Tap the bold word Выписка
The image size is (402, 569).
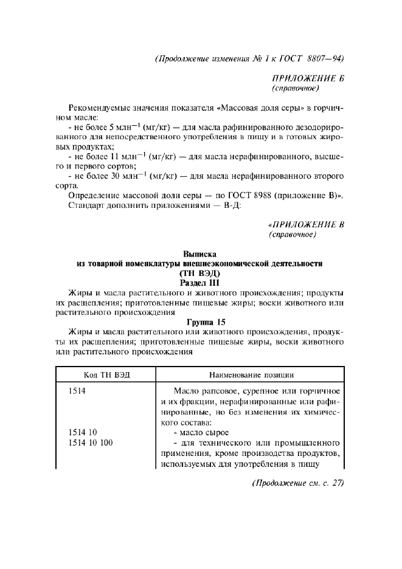(200, 253)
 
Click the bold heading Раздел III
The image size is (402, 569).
(200, 283)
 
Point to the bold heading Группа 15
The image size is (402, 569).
(200, 322)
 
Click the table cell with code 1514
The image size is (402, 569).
(77, 391)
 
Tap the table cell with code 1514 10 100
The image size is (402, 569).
(91, 443)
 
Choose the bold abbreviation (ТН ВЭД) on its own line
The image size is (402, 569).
(200, 273)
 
